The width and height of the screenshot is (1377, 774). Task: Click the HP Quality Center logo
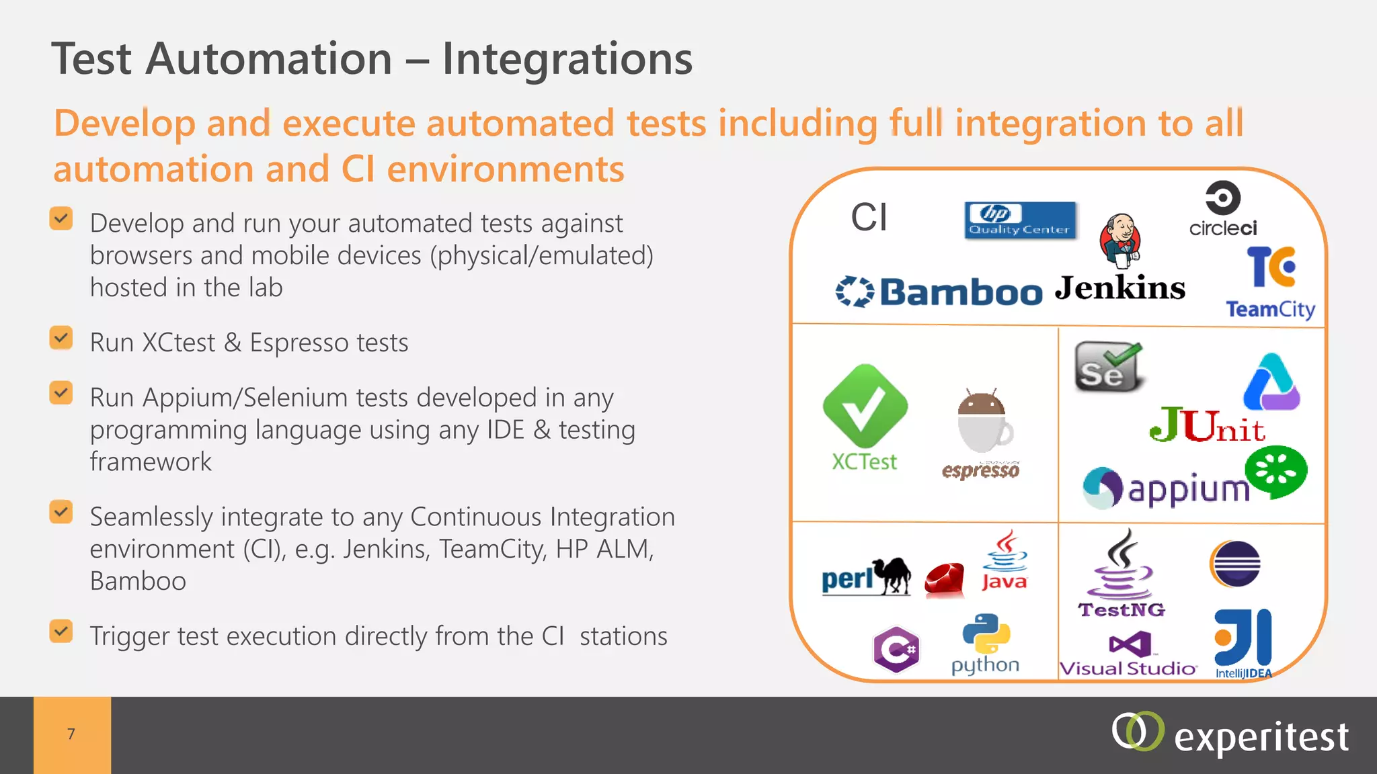pos(1020,220)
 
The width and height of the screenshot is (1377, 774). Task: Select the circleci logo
pos(1222,209)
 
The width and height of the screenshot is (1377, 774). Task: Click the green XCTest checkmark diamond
pos(865,406)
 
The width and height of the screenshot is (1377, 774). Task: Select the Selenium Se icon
pos(1107,367)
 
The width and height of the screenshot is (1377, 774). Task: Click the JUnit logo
pos(1207,425)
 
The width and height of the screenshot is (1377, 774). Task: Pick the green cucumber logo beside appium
pos(1275,471)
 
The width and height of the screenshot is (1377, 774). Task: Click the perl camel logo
pos(866,576)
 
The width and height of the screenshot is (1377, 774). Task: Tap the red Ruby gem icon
pos(944,579)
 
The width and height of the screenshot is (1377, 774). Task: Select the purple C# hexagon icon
pos(896,649)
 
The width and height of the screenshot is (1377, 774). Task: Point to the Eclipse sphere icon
pos(1235,564)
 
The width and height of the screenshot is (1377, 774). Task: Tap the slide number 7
pos(71,734)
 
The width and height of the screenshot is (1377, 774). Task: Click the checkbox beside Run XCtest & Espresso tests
pos(61,339)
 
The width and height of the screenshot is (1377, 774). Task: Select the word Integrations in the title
pos(567,59)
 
